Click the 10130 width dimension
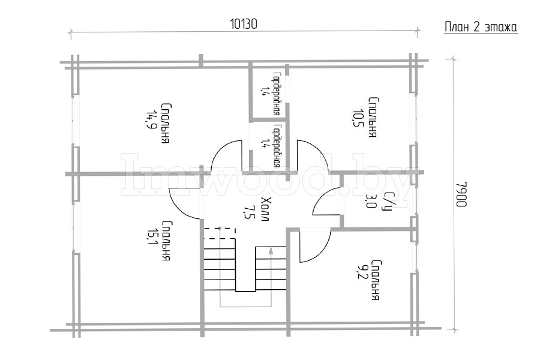click(x=244, y=24)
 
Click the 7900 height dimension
click(x=461, y=194)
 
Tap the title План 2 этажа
click(x=481, y=27)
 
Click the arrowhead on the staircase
click(x=271, y=250)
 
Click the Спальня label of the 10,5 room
click(x=373, y=118)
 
